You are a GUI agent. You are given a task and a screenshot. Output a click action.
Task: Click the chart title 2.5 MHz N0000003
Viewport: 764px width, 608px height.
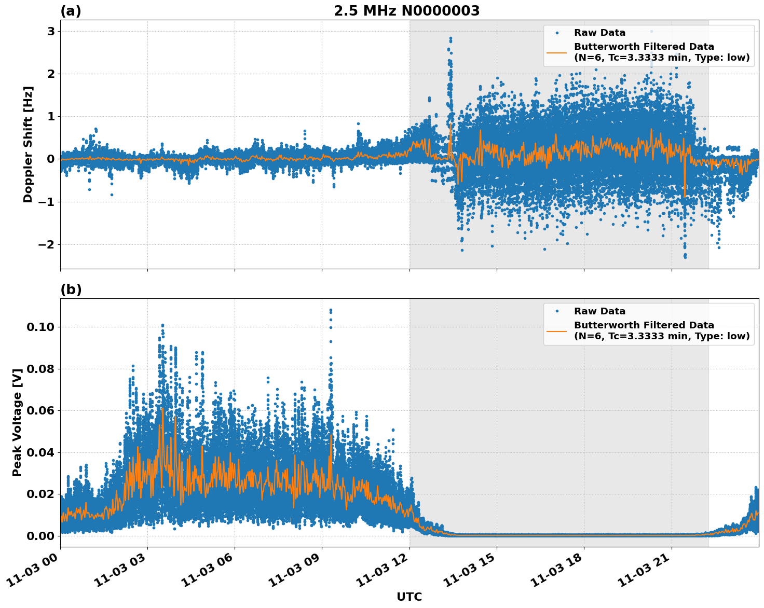tap(406, 11)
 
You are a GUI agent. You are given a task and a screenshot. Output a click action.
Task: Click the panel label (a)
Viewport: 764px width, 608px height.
tap(71, 11)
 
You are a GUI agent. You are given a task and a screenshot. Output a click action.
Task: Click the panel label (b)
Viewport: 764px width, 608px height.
tap(71, 289)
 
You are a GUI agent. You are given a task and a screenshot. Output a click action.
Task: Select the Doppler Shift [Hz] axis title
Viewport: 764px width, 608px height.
tap(28, 144)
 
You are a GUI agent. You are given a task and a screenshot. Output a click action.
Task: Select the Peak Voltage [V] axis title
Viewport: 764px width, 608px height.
tap(17, 423)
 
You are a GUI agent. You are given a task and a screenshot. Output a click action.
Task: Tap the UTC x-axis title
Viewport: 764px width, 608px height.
tap(409, 597)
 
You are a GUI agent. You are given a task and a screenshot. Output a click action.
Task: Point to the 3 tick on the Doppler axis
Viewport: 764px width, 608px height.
tap(51, 32)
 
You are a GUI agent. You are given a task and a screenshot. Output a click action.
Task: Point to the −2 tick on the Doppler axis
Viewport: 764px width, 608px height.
tap(48, 244)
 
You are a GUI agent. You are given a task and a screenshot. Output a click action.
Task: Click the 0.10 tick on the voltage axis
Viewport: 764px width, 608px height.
tap(40, 327)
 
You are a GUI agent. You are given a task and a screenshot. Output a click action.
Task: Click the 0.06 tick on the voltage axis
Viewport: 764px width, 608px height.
tap(40, 410)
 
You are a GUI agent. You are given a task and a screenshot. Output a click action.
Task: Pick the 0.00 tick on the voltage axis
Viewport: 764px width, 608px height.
tap(40, 536)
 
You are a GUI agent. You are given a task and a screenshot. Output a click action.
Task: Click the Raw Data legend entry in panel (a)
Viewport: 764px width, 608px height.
tap(599, 33)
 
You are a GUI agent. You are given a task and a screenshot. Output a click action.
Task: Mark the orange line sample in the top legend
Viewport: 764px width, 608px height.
tap(556, 52)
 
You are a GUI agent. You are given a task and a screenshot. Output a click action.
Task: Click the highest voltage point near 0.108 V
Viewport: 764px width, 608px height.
tap(331, 310)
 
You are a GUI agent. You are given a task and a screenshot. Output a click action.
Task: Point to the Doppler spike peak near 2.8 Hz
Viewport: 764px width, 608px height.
tap(451, 38)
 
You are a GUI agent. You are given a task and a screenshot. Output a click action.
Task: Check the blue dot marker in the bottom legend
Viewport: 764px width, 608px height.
tap(556, 311)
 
